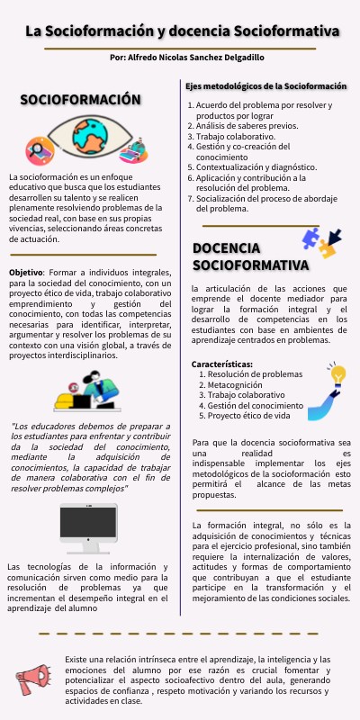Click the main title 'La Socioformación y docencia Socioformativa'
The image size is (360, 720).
click(183, 31)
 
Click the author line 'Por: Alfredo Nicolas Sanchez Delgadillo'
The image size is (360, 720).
click(186, 57)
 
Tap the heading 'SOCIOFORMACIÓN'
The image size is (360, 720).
click(81, 100)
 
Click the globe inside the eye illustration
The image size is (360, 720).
click(89, 137)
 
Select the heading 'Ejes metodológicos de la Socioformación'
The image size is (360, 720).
click(265, 86)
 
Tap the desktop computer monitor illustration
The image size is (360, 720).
click(87, 529)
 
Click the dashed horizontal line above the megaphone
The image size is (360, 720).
click(180, 634)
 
